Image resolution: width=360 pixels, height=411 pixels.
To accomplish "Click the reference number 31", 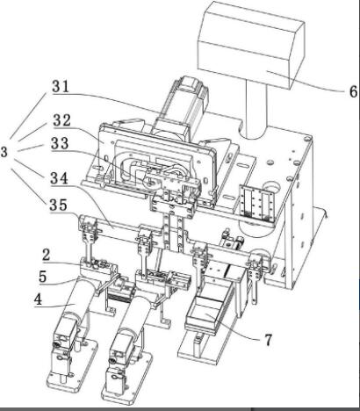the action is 61,87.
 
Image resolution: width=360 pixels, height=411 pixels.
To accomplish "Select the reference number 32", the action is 61,120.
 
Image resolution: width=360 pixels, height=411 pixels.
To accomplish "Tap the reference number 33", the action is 60,143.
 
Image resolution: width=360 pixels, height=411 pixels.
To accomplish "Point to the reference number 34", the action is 59,178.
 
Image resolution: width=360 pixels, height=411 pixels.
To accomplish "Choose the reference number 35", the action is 58,205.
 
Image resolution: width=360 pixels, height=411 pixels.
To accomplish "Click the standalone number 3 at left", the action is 4,152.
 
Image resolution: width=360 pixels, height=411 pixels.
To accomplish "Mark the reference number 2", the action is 46,256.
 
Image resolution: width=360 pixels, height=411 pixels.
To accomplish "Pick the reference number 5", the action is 43,277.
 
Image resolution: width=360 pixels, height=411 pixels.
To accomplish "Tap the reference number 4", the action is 39,299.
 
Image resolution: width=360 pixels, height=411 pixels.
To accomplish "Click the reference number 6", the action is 353,91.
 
